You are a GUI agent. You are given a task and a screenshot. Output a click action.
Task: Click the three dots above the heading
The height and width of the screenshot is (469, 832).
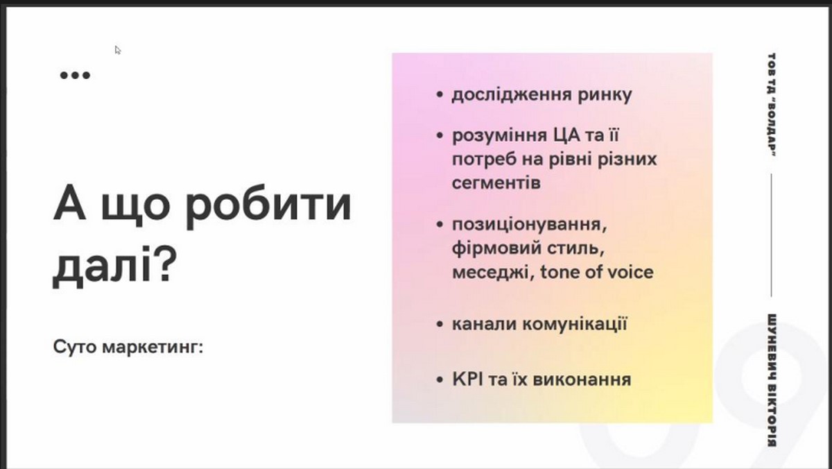[75, 76]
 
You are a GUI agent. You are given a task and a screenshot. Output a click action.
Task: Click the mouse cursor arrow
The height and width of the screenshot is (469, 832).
[117, 50]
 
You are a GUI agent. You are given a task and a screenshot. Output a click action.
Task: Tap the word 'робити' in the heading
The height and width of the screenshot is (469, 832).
[268, 205]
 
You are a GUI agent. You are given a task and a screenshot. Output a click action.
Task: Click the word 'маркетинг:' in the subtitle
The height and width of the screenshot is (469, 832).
[153, 348]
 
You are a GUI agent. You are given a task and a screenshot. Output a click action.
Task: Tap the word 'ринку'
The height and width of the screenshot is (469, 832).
[605, 96]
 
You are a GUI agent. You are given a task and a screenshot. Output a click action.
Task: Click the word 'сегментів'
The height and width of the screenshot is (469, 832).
[496, 183]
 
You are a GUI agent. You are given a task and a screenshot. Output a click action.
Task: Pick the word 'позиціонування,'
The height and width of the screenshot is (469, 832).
[529, 225]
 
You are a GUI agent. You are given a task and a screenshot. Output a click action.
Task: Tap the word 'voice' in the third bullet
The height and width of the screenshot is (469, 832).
[631, 273]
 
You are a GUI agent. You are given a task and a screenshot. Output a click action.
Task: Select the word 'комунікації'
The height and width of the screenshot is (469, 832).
[575, 324]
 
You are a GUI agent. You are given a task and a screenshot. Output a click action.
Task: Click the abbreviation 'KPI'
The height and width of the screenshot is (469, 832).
[467, 380]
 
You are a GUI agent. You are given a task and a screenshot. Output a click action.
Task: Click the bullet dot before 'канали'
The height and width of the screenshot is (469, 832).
[440, 324]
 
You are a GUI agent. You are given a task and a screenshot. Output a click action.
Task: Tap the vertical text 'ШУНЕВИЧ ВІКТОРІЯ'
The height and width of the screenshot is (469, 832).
[772, 380]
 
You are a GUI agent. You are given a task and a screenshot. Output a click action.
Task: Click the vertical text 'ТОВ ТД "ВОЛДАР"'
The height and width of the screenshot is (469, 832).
[772, 105]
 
